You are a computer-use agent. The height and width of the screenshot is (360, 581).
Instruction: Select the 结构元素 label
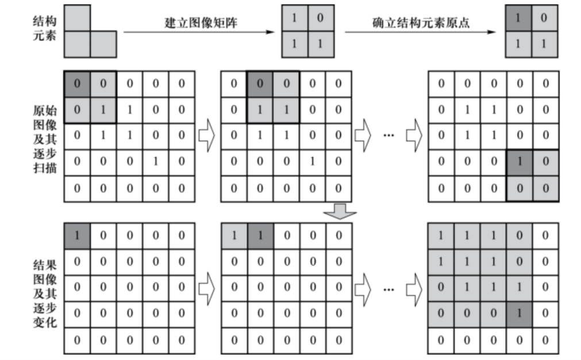click(44, 31)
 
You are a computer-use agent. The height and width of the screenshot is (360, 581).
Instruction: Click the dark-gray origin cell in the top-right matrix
click(518, 18)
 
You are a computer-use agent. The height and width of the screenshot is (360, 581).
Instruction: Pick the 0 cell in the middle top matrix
click(320, 18)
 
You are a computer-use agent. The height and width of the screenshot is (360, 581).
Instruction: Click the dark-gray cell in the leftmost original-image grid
click(77, 84)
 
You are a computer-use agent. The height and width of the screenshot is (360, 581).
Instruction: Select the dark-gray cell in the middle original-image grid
click(260, 84)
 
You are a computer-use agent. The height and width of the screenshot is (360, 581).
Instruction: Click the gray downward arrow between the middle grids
click(339, 213)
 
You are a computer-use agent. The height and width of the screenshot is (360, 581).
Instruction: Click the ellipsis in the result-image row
click(388, 289)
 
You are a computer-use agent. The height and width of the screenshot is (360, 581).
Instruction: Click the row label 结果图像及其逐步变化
click(44, 293)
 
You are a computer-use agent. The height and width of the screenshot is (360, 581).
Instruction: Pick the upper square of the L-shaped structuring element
click(77, 18)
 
